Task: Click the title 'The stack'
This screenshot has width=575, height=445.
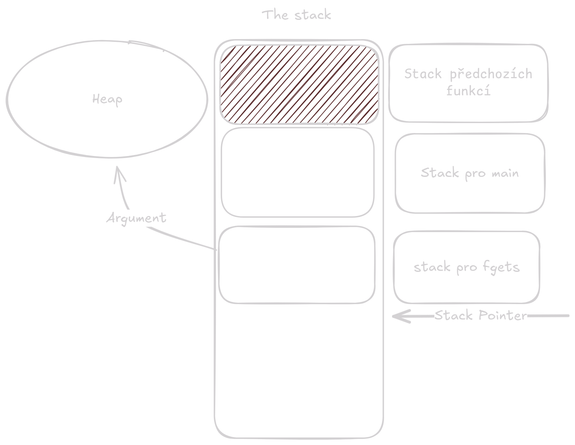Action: click(296, 15)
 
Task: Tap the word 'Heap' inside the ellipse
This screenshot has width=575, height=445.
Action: click(107, 99)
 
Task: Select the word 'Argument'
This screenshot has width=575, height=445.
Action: click(136, 218)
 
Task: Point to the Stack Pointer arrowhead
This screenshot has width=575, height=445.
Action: click(398, 316)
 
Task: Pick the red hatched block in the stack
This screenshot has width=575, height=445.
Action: click(299, 84)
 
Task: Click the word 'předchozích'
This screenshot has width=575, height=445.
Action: click(491, 74)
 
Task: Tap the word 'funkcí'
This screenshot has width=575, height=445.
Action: click(468, 91)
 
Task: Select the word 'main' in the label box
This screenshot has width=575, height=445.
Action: click(505, 173)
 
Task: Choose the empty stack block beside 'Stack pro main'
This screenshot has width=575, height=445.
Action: click(297, 172)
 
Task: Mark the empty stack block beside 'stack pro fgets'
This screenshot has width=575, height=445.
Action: click(297, 265)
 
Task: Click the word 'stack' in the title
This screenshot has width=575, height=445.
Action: click(312, 15)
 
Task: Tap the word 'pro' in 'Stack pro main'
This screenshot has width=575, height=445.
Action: click(475, 174)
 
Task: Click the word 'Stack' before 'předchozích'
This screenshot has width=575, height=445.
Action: click(423, 74)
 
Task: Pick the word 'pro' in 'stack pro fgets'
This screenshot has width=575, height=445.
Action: click(467, 268)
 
